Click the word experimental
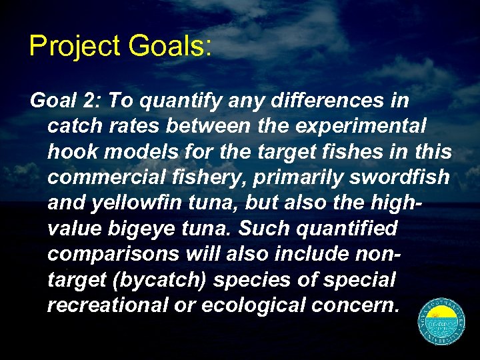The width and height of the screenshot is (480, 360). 371,127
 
